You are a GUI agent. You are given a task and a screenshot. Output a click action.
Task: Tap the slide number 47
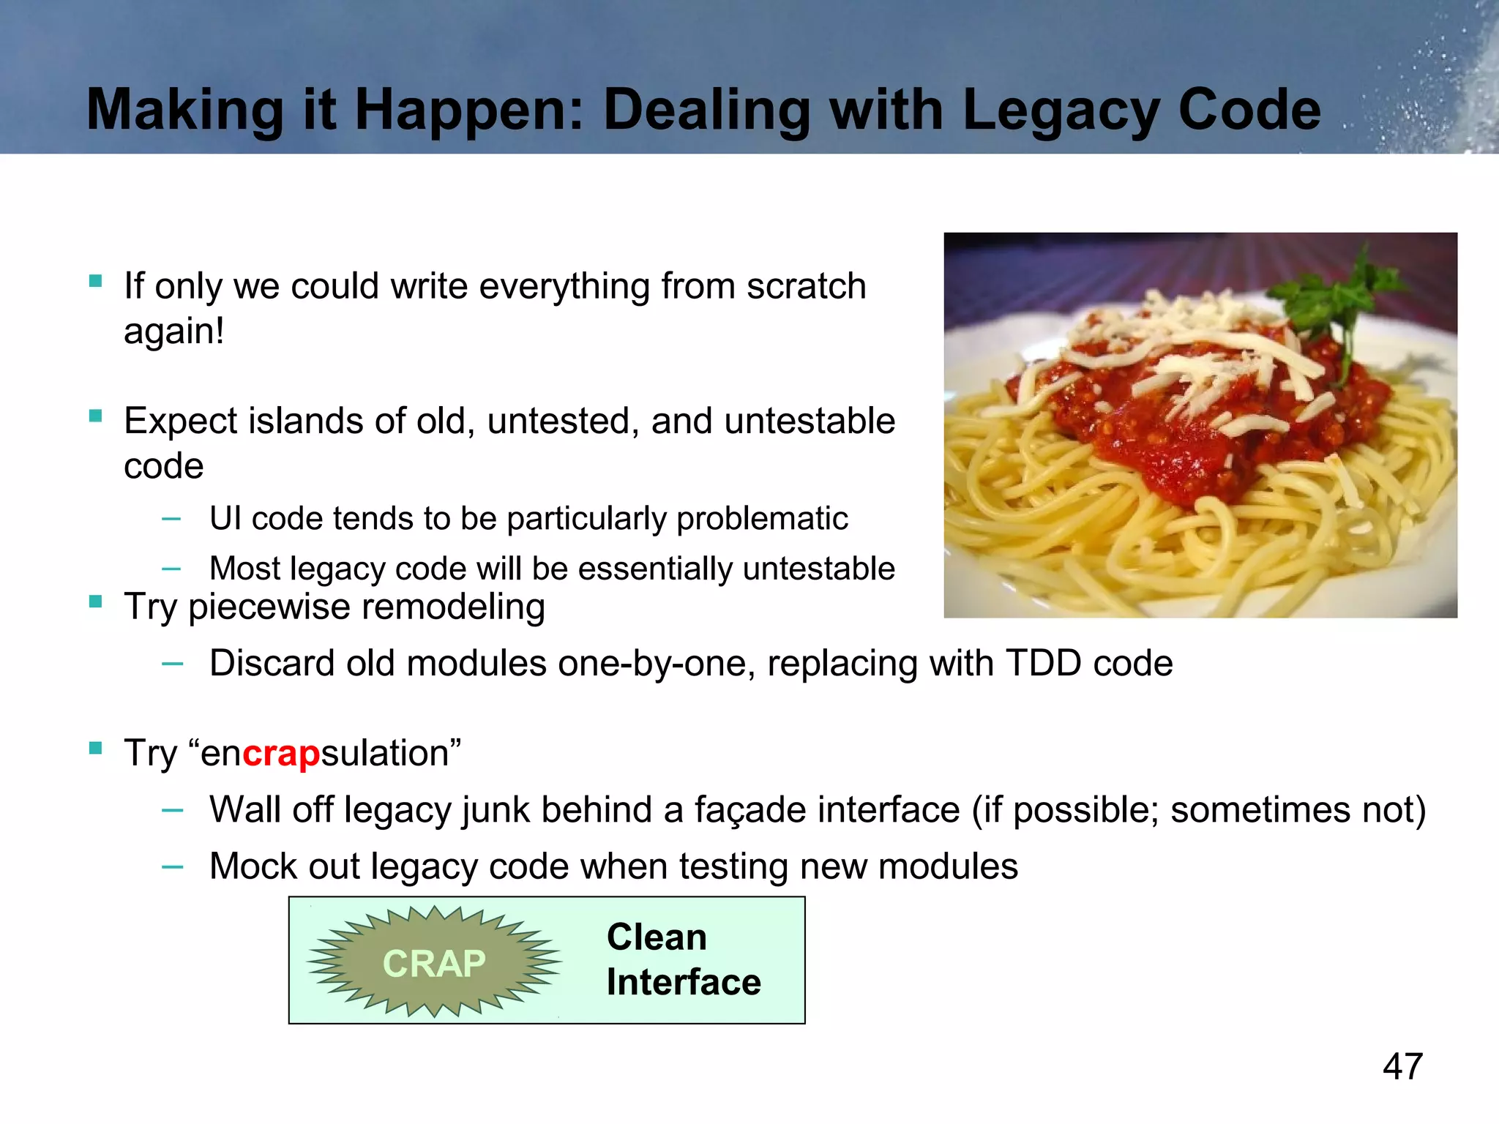pyautogui.click(x=1402, y=1066)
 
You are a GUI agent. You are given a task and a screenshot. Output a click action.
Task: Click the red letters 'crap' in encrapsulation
pyautogui.click(x=281, y=754)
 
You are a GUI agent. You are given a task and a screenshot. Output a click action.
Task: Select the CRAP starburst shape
pyautogui.click(x=434, y=962)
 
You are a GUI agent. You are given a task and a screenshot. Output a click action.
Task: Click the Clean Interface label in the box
pyautogui.click(x=683, y=959)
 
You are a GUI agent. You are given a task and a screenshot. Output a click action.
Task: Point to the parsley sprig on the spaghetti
pyautogui.click(x=1339, y=300)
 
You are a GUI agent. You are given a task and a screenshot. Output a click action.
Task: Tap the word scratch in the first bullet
pyautogui.click(x=806, y=286)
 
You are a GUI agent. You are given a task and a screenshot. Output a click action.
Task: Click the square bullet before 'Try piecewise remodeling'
pyautogui.click(x=95, y=602)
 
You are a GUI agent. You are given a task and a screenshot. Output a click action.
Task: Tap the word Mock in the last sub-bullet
pyautogui.click(x=253, y=866)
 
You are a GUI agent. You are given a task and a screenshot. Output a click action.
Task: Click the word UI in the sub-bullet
pyautogui.click(x=225, y=519)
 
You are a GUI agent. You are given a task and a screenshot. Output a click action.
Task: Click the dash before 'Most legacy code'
pyautogui.click(x=171, y=569)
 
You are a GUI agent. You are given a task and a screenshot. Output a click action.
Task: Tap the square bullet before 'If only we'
pyautogui.click(x=95, y=281)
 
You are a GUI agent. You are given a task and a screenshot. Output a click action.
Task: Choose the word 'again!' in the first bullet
pyautogui.click(x=173, y=331)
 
